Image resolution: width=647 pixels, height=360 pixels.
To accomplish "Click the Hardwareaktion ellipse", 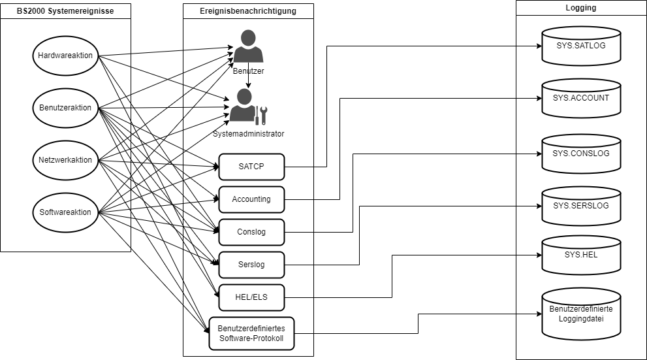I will click(x=65, y=55).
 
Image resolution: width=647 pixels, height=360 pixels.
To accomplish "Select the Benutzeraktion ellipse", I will click(x=65, y=107).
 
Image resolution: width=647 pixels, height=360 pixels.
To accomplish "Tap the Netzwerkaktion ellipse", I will click(x=65, y=159).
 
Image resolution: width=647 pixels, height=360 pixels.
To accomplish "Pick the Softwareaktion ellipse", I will click(x=65, y=212).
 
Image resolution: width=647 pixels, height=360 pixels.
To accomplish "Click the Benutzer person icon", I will click(x=248, y=46).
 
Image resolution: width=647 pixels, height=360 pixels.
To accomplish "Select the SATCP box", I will click(x=251, y=167).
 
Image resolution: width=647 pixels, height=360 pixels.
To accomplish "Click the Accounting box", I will click(x=251, y=199).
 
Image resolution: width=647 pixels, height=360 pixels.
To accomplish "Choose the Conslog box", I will click(x=251, y=232).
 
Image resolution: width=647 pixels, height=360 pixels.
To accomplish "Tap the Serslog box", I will click(x=251, y=265).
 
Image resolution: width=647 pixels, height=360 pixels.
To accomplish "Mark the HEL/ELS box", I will click(x=251, y=297).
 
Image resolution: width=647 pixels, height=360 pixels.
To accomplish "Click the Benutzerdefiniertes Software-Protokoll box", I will click(x=251, y=333).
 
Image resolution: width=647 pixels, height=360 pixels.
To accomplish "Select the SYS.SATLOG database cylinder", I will click(x=580, y=46).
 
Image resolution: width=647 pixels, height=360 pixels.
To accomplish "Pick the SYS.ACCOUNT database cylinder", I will click(x=580, y=99).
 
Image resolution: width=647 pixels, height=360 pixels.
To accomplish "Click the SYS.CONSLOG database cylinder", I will click(x=580, y=154).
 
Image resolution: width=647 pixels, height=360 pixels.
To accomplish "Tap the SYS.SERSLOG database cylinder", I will click(x=580, y=206).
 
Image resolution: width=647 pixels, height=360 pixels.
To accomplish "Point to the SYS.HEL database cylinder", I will click(x=580, y=255).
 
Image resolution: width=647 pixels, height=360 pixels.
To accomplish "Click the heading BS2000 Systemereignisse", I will click(x=65, y=11).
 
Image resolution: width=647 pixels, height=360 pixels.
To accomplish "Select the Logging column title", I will click(x=580, y=8).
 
